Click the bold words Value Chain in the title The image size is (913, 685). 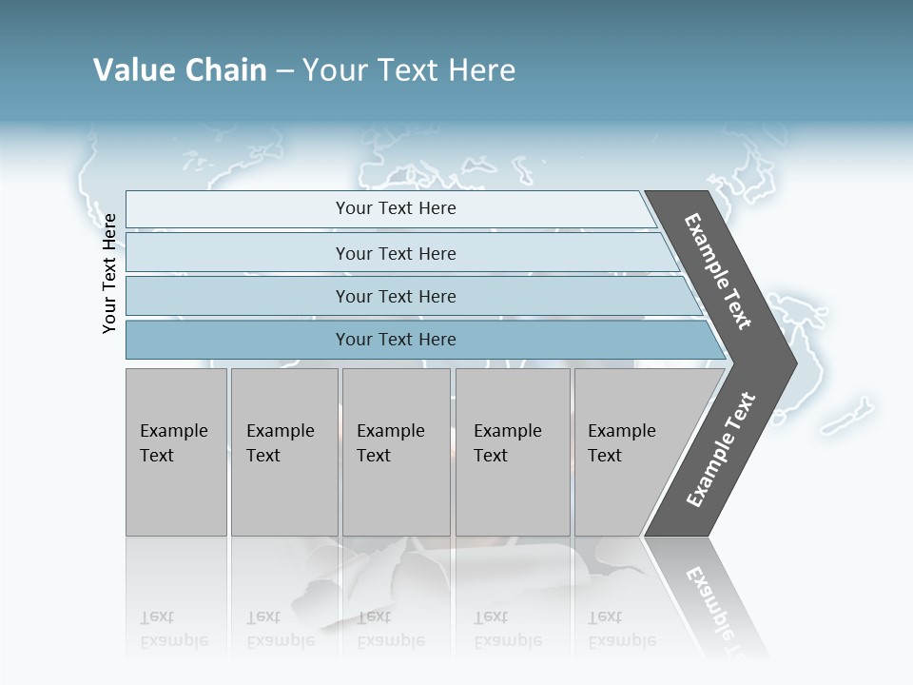180,70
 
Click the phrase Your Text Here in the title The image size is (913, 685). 409,70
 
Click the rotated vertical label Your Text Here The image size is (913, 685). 109,274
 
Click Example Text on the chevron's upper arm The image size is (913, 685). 718,271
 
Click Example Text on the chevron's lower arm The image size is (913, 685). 721,449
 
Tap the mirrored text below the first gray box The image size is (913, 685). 173,629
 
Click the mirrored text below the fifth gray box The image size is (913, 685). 622,629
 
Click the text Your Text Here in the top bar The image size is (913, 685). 396,208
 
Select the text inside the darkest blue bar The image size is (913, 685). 396,340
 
